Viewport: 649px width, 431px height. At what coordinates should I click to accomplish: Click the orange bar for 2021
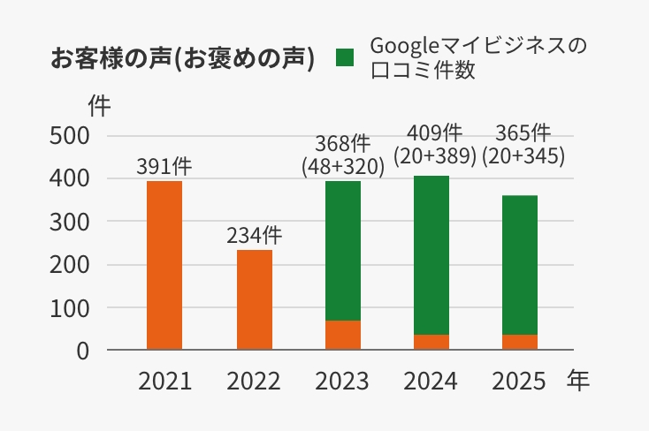click(x=164, y=265)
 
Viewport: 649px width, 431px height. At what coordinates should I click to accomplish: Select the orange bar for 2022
click(x=255, y=299)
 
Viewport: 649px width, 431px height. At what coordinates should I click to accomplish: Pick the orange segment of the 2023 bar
click(x=343, y=335)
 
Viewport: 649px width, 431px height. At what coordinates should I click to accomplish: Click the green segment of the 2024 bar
click(x=431, y=255)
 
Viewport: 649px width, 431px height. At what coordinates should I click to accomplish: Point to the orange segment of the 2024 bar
click(x=431, y=342)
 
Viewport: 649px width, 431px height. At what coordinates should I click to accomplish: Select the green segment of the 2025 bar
click(x=520, y=265)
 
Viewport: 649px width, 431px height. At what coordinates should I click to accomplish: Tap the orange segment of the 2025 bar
click(x=520, y=342)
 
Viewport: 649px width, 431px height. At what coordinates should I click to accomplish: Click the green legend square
click(x=345, y=58)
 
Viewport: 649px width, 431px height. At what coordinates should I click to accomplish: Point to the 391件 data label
click(x=164, y=166)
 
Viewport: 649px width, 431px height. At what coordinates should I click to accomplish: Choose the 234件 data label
click(x=255, y=236)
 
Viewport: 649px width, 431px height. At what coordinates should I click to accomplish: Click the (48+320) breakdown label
click(x=343, y=165)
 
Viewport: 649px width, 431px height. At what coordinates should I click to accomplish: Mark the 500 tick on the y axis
click(x=70, y=136)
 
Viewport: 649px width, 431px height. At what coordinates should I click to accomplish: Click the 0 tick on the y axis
click(x=82, y=351)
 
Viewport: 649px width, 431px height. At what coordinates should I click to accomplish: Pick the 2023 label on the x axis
click(x=342, y=382)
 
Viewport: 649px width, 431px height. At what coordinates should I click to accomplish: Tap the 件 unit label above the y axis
click(x=100, y=105)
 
